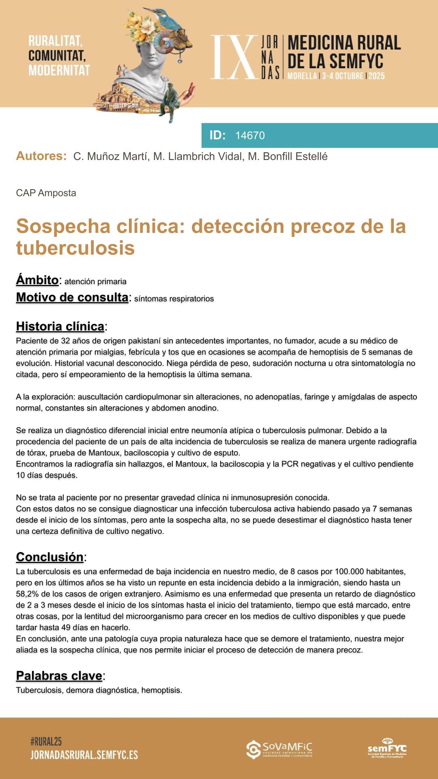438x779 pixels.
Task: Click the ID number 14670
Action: tap(250, 136)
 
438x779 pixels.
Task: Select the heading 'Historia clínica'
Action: tap(60, 326)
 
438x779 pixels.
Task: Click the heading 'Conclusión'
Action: tap(49, 557)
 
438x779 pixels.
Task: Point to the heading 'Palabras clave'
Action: tap(59, 675)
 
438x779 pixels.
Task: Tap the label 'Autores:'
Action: tap(41, 156)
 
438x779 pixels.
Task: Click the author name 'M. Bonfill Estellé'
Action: tap(288, 157)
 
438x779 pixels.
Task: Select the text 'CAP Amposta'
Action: tap(46, 193)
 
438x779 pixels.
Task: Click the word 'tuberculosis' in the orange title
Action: tap(75, 248)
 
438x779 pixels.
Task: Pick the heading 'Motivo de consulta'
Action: tap(72, 297)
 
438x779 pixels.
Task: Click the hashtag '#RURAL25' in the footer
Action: tap(46, 742)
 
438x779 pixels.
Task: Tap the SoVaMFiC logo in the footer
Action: tap(279, 749)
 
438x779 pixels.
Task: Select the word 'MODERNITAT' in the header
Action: tap(59, 70)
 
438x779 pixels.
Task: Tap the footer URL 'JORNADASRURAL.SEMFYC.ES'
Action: tap(84, 755)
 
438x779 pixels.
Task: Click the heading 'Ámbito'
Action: tap(37, 280)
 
